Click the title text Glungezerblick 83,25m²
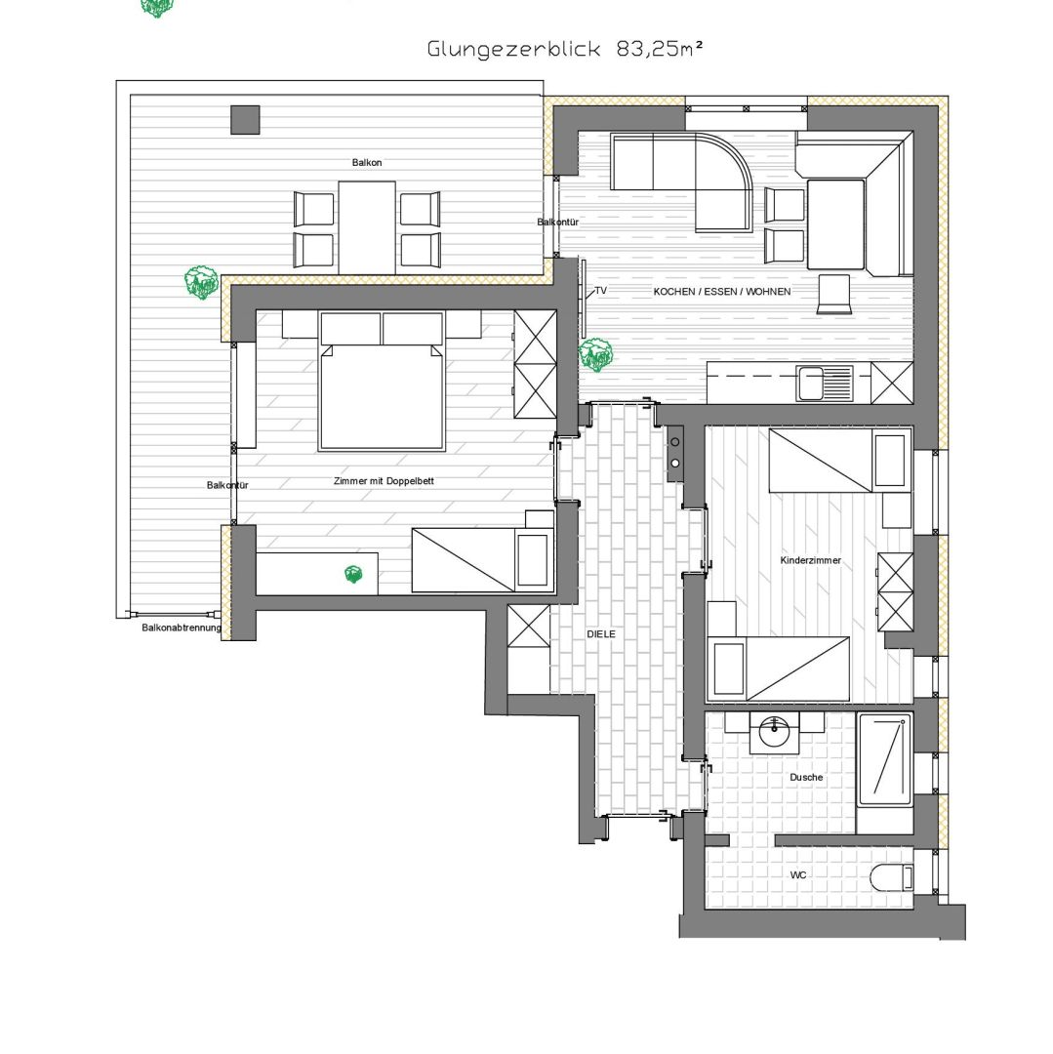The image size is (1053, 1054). [x=565, y=49]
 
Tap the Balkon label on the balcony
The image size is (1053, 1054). [x=367, y=163]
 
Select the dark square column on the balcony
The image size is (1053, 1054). [x=245, y=120]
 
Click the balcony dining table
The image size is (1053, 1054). [x=367, y=227]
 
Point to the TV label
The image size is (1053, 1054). [x=601, y=291]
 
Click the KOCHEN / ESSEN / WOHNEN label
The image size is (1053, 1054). [x=722, y=292]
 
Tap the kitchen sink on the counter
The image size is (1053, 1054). [x=825, y=384]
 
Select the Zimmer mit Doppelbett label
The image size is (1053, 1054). [x=384, y=481]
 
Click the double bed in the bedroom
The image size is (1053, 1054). [x=382, y=382]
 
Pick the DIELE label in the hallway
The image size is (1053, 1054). [x=601, y=634]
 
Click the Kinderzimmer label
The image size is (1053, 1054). [x=810, y=560]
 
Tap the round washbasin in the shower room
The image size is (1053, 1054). [x=775, y=733]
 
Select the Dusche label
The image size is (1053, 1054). [x=806, y=777]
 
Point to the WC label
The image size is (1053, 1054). [x=798, y=875]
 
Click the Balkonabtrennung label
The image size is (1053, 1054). [x=182, y=628]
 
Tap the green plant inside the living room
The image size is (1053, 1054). [x=595, y=355]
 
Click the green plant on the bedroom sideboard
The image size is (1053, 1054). [x=353, y=575]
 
